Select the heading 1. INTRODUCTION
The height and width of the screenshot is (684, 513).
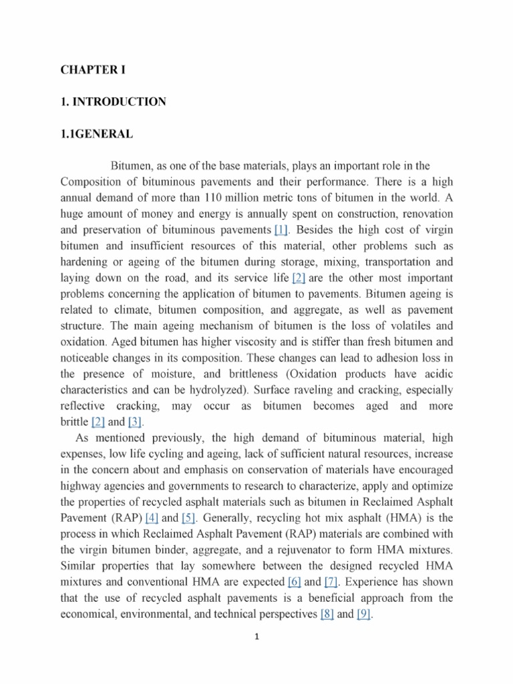(113, 102)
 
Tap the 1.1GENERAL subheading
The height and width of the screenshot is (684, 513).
(96, 135)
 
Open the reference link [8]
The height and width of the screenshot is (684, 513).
(327, 615)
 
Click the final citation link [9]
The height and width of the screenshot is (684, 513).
(363, 615)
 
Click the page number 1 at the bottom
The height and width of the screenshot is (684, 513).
(256, 637)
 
